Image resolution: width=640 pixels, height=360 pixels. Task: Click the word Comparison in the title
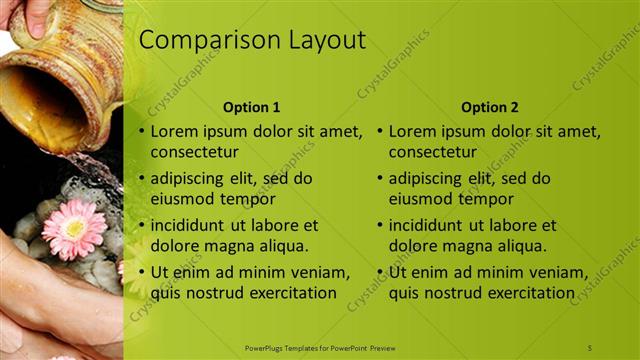199,41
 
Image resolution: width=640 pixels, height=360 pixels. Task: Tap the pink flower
74,229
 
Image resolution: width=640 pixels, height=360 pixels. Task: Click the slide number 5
590,347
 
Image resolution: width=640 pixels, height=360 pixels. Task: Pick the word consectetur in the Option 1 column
194,153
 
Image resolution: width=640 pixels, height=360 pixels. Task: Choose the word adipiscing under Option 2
426,178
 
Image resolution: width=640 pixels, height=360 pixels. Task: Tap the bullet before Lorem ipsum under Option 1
141,131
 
